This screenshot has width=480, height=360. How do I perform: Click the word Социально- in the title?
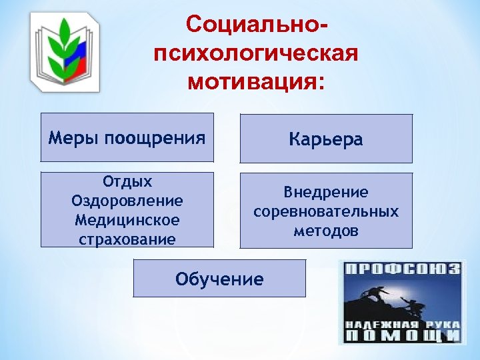pyautogui.click(x=257, y=25)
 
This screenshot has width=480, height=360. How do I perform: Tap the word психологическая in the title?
pyautogui.click(x=256, y=54)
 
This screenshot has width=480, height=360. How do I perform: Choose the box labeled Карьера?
pyautogui.click(x=326, y=139)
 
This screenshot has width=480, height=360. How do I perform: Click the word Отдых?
pyautogui.click(x=127, y=182)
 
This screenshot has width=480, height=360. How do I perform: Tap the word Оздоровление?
pyautogui.click(x=127, y=201)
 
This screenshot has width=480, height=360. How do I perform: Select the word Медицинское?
pyautogui.click(x=127, y=219)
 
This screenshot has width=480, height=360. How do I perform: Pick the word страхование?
pyautogui.click(x=127, y=238)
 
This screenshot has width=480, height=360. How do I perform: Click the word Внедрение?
pyautogui.click(x=326, y=193)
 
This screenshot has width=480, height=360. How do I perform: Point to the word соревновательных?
pyautogui.click(x=326, y=211)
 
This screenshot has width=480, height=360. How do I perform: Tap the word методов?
pyautogui.click(x=326, y=231)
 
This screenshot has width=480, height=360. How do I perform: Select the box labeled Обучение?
pyautogui.click(x=219, y=279)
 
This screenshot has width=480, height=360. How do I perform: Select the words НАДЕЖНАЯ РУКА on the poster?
pyautogui.click(x=401, y=324)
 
